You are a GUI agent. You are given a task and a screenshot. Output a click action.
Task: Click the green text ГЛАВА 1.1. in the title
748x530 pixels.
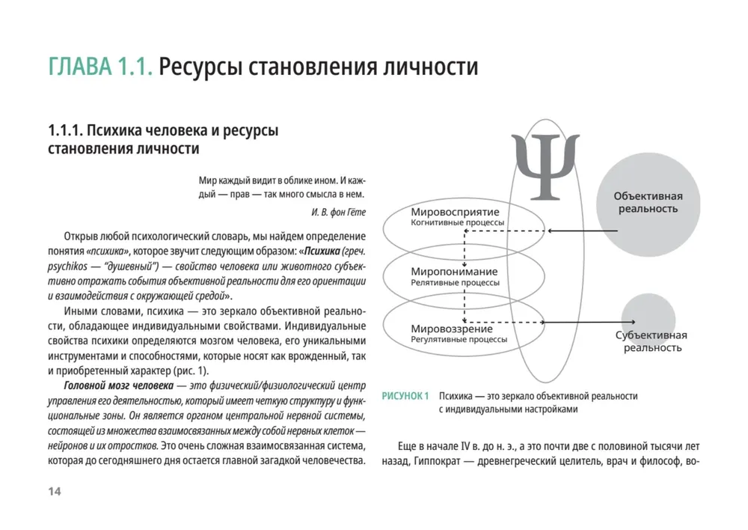click(100, 67)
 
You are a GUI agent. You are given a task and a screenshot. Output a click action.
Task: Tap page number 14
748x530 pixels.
click(54, 491)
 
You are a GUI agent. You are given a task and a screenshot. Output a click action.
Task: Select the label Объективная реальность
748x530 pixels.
click(648, 202)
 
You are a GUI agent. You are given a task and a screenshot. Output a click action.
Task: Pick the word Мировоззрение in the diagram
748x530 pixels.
click(452, 329)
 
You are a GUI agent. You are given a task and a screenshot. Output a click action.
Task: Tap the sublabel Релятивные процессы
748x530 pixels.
click(455, 283)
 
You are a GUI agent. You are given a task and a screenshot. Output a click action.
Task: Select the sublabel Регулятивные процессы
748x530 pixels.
click(459, 339)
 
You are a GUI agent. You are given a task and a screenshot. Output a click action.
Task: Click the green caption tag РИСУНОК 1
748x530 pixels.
click(405, 395)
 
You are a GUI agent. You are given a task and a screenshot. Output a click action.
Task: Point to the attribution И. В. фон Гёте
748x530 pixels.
click(338, 212)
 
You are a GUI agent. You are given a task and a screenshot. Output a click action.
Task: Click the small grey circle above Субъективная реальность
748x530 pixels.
click(649, 314)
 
